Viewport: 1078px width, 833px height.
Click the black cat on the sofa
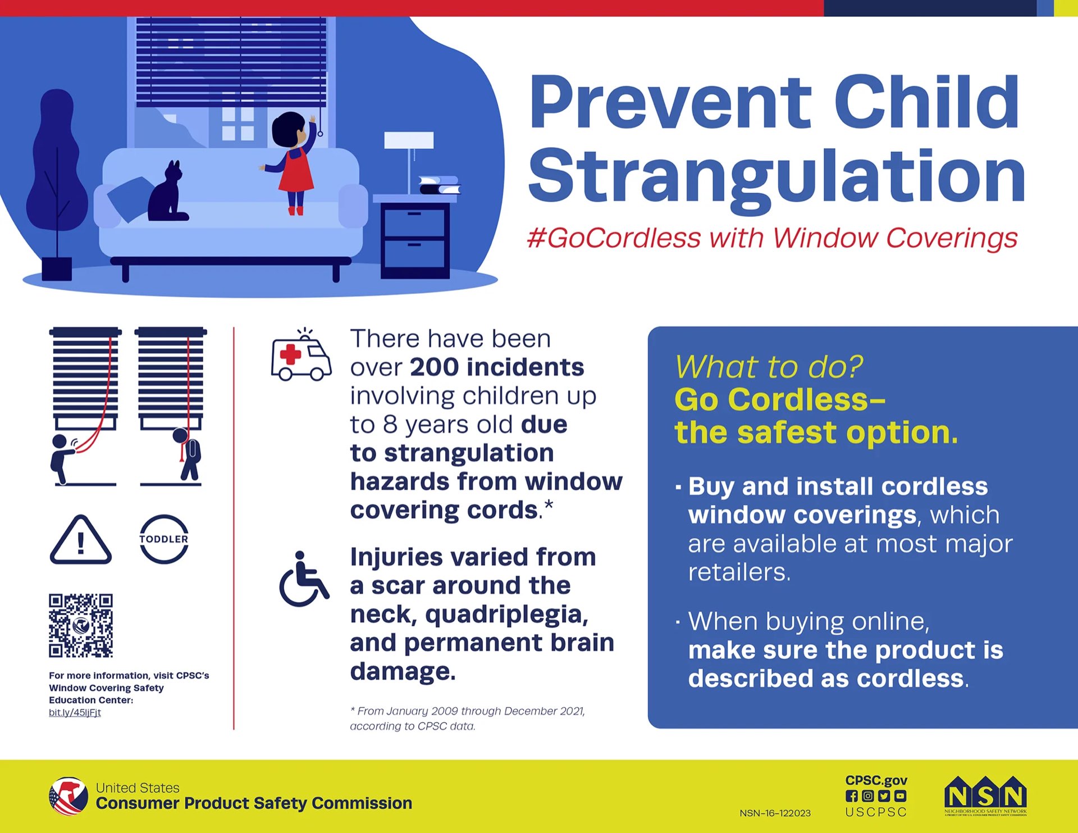[167, 194]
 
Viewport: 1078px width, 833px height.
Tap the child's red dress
[296, 171]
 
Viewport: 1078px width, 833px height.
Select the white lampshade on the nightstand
[408, 140]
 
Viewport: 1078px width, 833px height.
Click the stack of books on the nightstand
[439, 185]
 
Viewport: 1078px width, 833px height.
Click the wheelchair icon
[304, 580]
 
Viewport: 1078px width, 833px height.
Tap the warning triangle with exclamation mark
[80, 540]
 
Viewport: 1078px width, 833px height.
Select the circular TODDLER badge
[163, 539]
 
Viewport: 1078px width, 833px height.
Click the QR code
[81, 625]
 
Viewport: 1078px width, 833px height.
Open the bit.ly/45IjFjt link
[75, 712]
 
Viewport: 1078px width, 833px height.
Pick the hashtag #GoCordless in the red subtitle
[614, 238]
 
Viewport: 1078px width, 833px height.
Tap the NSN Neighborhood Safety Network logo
[985, 796]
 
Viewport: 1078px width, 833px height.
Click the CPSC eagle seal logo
[68, 796]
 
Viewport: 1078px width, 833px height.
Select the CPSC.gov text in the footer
[876, 780]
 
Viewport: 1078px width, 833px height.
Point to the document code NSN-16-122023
[775, 813]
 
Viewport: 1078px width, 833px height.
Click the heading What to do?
[769, 367]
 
